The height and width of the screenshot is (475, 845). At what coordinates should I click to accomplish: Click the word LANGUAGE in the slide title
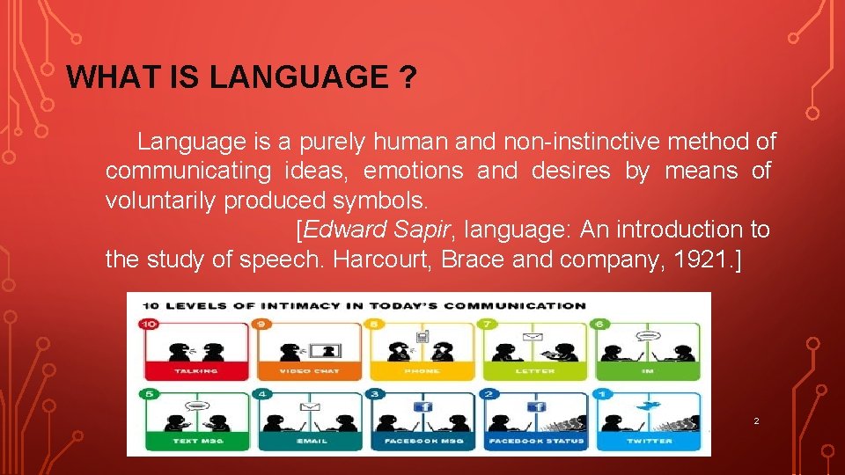pos(298,78)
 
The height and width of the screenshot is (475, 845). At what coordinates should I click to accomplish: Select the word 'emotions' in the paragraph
pos(415,171)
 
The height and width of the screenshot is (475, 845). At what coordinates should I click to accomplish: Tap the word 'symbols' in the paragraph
pos(384,201)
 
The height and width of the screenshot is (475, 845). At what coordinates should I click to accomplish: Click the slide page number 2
pos(756,422)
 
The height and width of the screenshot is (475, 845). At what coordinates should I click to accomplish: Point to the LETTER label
pos(535,371)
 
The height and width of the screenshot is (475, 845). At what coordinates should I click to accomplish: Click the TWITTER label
pos(650,441)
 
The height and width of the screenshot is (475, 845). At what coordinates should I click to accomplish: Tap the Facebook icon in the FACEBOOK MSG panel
pos(423,406)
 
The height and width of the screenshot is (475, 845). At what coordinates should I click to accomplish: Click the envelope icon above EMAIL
pos(310,406)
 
